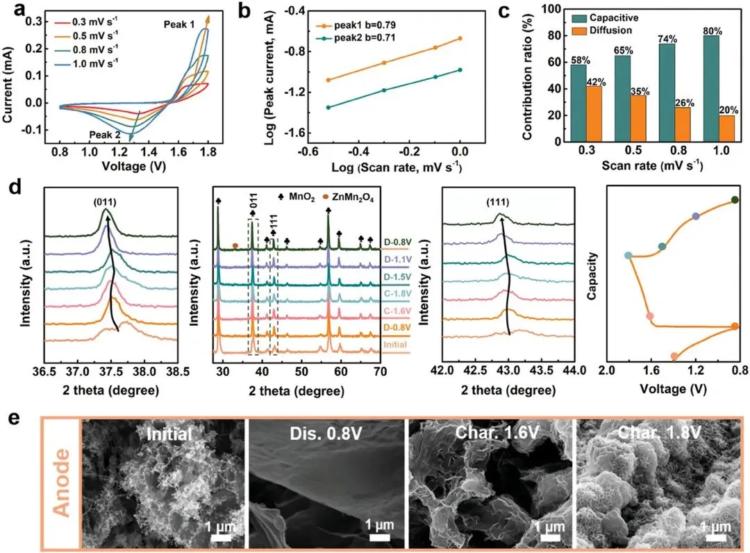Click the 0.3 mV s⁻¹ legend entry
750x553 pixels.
tap(87, 22)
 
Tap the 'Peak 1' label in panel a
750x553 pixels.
tap(179, 24)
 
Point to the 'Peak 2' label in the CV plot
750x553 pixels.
tap(105, 135)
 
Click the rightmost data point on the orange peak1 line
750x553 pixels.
tap(460, 38)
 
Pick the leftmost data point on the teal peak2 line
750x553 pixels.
tap(328, 108)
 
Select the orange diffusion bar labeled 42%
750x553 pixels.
tap(594, 114)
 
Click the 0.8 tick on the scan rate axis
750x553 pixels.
tap(678, 150)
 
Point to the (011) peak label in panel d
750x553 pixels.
tap(105, 202)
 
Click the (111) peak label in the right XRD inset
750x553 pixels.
tap(498, 202)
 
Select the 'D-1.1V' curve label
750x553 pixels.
tap(397, 260)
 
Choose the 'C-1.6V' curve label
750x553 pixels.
tap(397, 311)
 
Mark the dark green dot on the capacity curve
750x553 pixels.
tap(735, 200)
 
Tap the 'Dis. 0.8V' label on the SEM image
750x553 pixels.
tap(326, 434)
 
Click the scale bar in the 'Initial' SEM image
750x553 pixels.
tap(221, 538)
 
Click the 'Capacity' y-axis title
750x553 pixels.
tap(592, 276)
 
